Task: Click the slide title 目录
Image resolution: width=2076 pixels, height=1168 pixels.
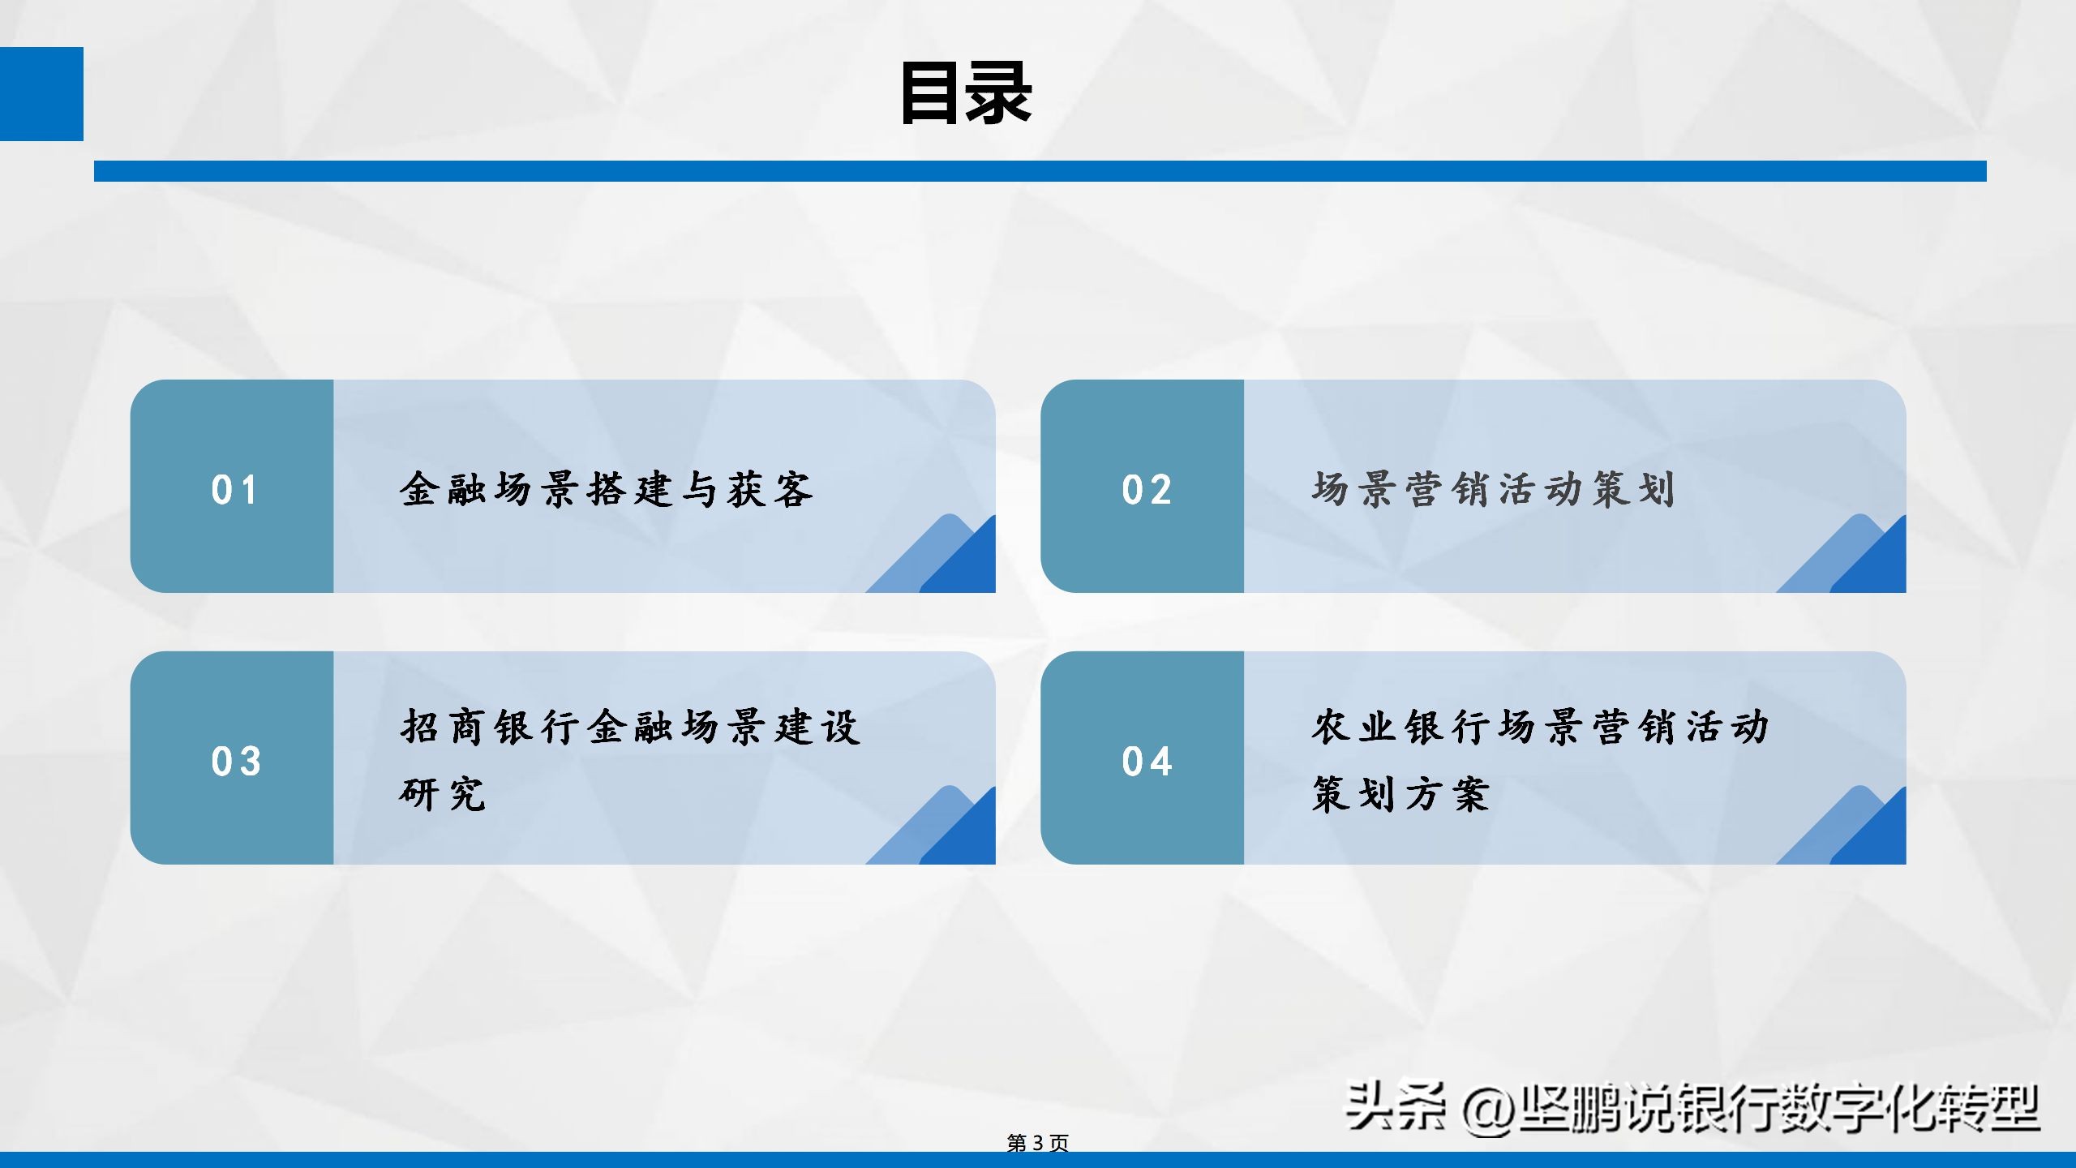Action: point(965,93)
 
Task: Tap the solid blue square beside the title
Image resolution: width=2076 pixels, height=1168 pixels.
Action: point(41,93)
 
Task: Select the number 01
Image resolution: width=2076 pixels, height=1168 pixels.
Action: point(234,490)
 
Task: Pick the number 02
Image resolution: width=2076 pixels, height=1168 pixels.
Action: point(1147,490)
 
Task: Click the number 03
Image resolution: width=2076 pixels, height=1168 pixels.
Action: point(236,762)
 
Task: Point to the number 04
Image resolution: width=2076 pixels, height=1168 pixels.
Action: point(1147,762)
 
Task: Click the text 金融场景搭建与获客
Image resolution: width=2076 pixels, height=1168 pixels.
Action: point(606,489)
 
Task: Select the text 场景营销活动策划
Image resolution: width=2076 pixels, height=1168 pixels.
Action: point(1493,489)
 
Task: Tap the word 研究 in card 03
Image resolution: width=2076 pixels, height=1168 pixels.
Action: point(443,793)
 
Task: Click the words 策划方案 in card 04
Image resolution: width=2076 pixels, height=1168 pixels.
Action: point(1400,793)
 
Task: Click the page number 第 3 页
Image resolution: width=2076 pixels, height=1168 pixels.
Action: point(1037,1143)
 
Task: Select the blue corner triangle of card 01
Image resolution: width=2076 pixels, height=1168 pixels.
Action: point(965,564)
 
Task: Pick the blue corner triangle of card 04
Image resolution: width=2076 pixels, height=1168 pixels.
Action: point(1876,835)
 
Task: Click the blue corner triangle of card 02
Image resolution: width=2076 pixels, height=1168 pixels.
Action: point(1876,564)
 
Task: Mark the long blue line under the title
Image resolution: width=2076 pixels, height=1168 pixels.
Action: point(1040,171)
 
